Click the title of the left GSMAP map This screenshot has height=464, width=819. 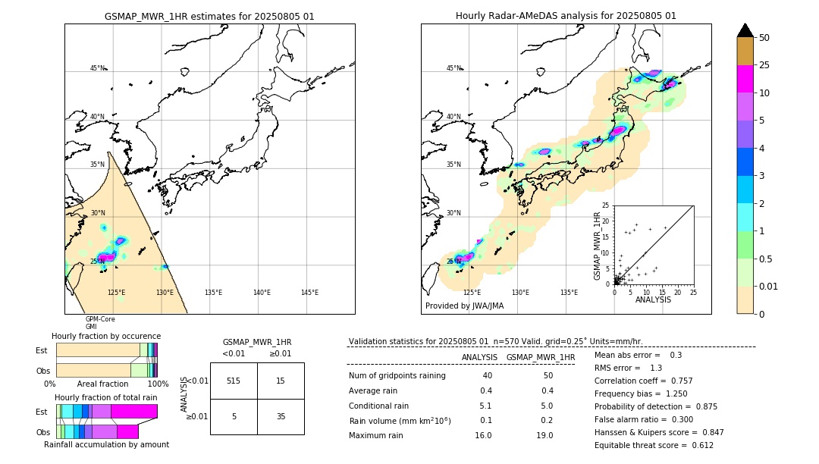(x=209, y=16)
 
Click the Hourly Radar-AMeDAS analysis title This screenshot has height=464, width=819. (x=566, y=16)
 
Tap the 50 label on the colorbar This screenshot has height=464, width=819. (x=764, y=38)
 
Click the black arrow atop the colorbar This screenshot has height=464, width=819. (x=745, y=30)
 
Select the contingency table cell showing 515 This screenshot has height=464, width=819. (x=234, y=381)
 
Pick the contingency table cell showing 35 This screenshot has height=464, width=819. (x=281, y=416)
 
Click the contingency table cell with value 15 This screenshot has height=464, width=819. (x=281, y=381)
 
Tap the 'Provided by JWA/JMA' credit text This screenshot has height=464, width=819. (x=464, y=306)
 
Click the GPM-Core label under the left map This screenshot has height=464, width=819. (x=100, y=319)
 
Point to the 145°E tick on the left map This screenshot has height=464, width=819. (x=309, y=293)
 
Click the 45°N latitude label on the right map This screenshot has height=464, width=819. (x=453, y=69)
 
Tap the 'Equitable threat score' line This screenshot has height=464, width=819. (x=654, y=445)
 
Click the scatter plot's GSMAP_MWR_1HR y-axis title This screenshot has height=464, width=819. (x=597, y=244)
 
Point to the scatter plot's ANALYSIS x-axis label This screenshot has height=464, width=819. (x=653, y=300)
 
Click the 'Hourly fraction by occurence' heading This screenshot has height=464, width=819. (x=106, y=336)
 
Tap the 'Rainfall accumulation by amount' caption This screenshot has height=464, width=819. (x=106, y=444)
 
